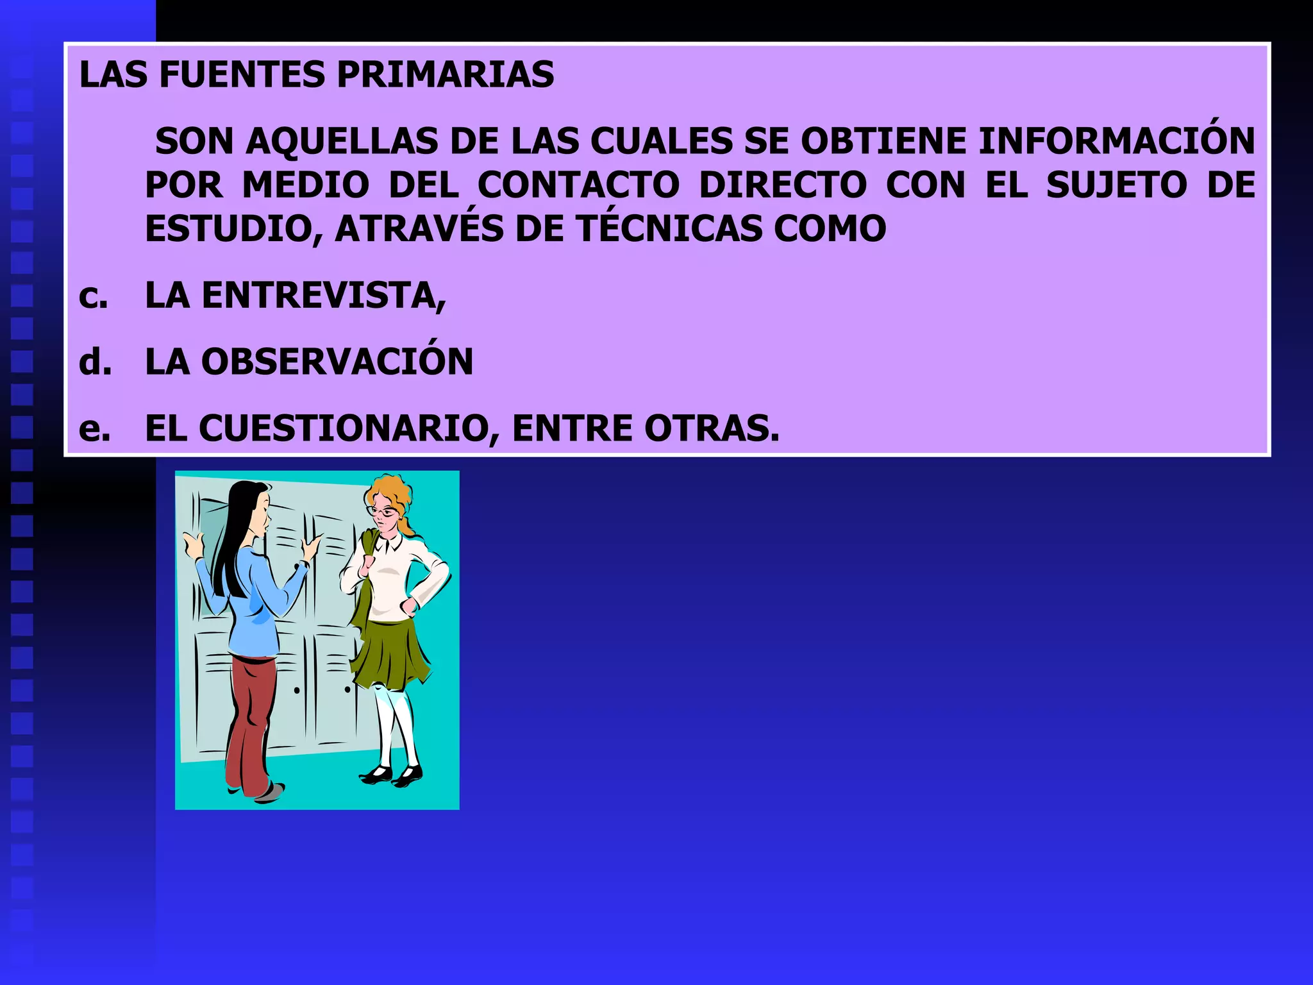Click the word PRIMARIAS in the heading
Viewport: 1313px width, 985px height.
pos(445,75)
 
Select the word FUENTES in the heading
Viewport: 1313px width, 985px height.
pos(242,75)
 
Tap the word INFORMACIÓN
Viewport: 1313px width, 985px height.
pos(1116,142)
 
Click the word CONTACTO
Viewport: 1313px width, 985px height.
pos(578,185)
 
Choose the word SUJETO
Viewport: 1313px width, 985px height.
pos(1117,185)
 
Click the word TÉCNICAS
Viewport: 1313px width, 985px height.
pos(668,229)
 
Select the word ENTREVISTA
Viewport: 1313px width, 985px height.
pos(323,296)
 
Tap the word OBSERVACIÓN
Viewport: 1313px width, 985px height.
pos(337,362)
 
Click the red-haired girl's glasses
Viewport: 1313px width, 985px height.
pos(383,512)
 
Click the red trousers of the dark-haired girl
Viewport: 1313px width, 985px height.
pos(251,718)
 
